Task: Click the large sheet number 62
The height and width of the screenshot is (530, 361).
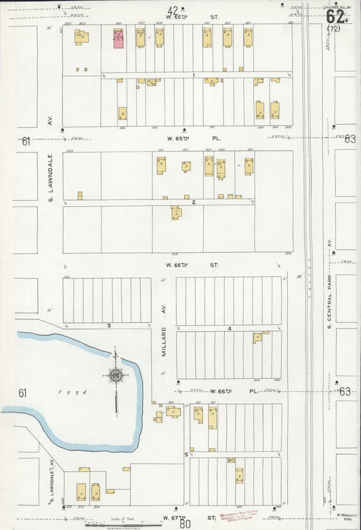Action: [x=335, y=15]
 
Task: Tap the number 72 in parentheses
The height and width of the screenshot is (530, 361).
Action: [x=333, y=29]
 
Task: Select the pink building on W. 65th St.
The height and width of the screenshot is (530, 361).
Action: [x=118, y=39]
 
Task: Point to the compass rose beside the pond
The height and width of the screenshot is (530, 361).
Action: [x=115, y=375]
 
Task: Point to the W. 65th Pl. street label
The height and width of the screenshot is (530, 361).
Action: [x=193, y=138]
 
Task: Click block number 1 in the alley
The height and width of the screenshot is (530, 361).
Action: [x=193, y=75]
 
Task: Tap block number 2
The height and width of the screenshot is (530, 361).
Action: [x=193, y=202]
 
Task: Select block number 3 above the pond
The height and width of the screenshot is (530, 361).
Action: [x=108, y=326]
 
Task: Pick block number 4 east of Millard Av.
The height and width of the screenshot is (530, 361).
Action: [x=230, y=329]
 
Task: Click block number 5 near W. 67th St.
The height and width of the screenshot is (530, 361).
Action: [x=186, y=454]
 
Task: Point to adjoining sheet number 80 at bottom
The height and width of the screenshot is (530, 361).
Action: [x=185, y=525]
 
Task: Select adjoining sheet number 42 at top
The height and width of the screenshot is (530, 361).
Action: [x=173, y=9]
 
